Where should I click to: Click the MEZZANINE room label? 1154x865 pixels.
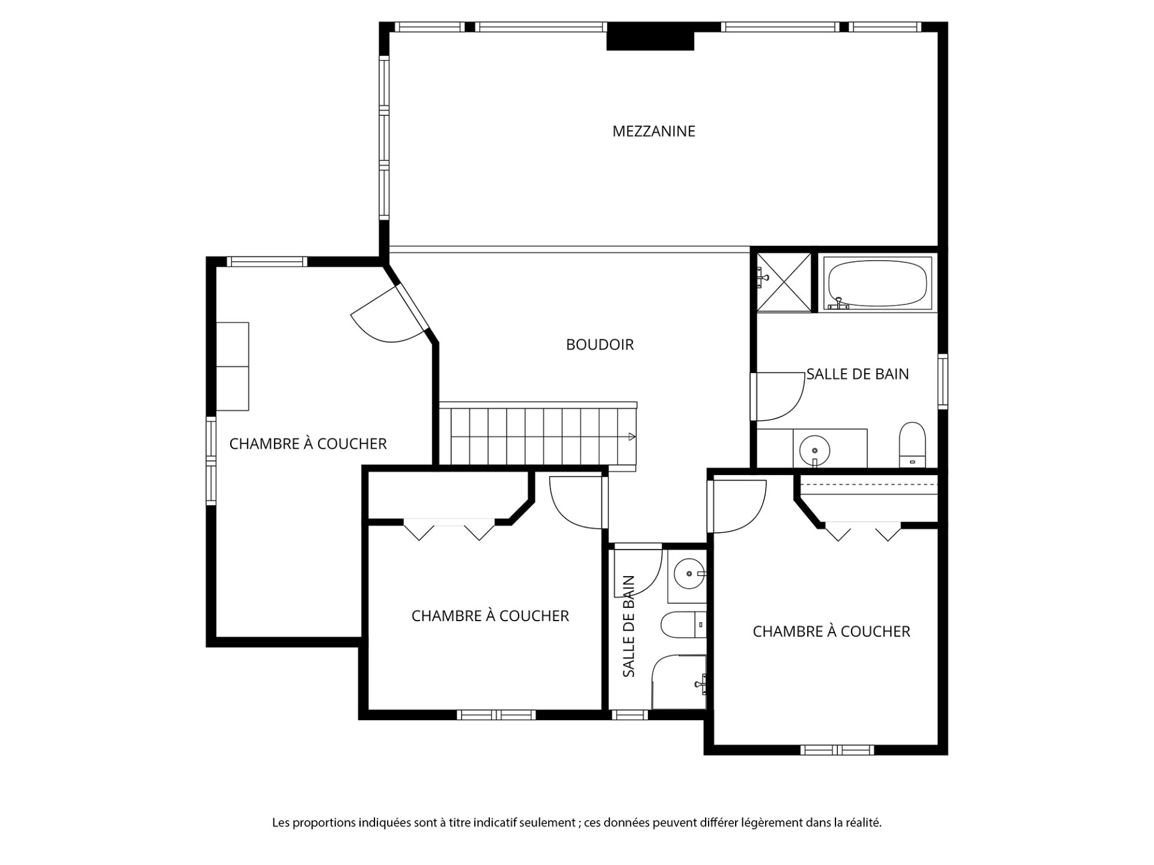coord(653,131)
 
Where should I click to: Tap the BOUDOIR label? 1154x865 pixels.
coord(600,344)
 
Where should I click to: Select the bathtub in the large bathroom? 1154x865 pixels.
coord(877,284)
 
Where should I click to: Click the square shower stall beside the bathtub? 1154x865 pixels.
coord(783,282)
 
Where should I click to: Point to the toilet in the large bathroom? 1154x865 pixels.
coord(912,445)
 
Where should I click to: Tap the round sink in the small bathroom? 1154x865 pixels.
coord(689,574)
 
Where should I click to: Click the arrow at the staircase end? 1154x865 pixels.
coord(632,437)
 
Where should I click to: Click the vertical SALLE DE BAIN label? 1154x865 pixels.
coord(629,627)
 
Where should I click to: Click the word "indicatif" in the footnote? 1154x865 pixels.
coord(495,823)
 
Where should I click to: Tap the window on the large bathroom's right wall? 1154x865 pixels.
coord(943,382)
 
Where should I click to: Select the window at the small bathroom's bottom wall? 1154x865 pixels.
coord(629,715)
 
